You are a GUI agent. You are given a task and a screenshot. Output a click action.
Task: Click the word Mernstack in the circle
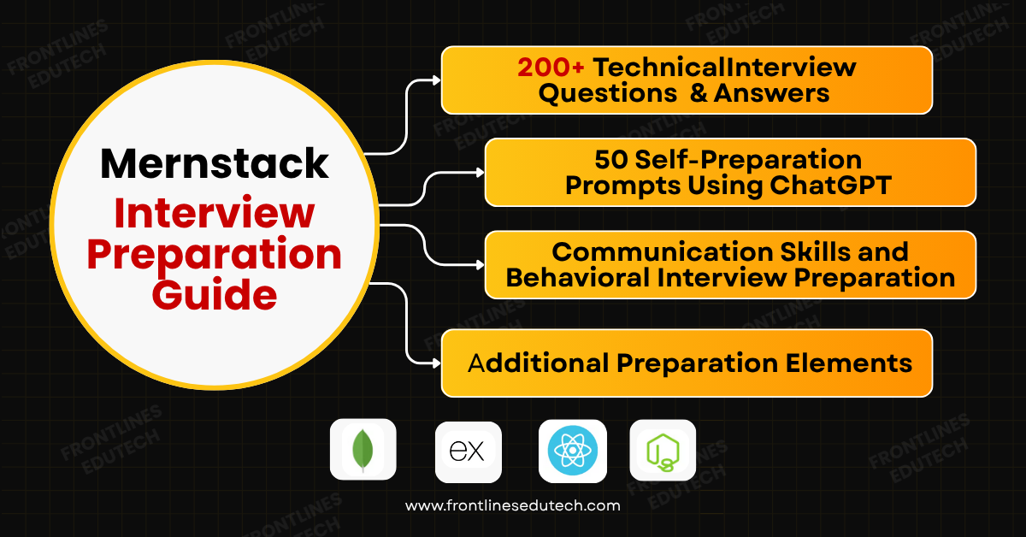click(214, 162)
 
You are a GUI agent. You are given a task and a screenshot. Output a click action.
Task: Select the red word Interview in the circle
click(214, 213)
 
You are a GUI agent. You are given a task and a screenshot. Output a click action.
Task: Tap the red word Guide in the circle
click(214, 295)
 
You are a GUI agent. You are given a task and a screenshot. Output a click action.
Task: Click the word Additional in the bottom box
click(539, 363)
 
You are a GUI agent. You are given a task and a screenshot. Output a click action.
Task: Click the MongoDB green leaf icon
click(363, 450)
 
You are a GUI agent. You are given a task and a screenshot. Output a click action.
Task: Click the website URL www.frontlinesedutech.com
click(512, 505)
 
